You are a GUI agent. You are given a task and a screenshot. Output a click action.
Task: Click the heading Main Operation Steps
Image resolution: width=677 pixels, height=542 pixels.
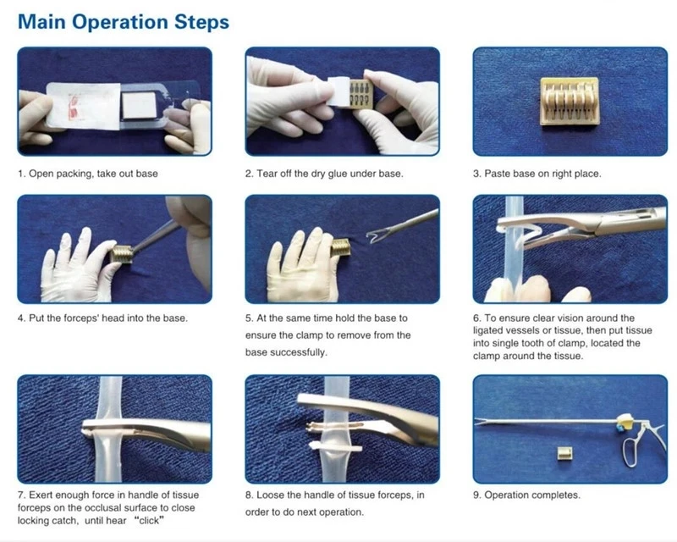[124, 21]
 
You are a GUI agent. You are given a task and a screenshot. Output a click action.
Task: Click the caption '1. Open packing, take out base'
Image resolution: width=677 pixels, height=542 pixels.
[88, 174]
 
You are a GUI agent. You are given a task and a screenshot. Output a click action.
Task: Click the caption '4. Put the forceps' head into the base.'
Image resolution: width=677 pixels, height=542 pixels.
[102, 318]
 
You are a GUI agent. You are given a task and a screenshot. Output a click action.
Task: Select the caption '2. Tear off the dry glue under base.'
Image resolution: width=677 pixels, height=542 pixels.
[324, 174]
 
